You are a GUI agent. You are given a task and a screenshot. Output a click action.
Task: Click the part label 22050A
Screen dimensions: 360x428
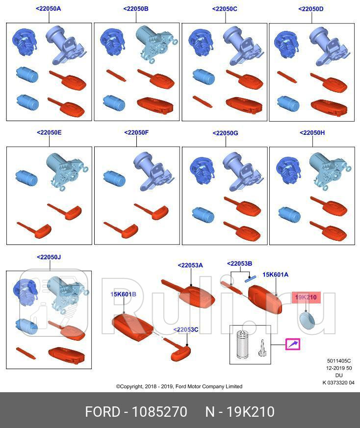click(49, 8)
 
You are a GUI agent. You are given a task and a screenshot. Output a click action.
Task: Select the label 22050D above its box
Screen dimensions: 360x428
click(311, 9)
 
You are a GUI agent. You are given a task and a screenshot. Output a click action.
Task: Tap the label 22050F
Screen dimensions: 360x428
click(136, 132)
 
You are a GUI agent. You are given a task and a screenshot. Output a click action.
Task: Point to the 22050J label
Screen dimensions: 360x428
click(49, 257)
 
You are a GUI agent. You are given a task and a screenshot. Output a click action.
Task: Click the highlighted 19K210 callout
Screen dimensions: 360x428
click(306, 297)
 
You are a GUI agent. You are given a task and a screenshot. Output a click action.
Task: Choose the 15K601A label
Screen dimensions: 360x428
click(275, 275)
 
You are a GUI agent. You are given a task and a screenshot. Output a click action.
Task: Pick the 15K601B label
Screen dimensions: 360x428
click(124, 294)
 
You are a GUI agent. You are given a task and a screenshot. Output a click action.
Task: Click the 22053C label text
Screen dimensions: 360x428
click(186, 330)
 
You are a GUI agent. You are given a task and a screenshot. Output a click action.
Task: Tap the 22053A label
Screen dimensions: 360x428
click(190, 265)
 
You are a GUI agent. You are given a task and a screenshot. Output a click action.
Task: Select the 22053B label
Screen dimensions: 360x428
click(239, 264)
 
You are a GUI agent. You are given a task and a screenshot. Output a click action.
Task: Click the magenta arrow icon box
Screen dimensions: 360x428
click(292, 344)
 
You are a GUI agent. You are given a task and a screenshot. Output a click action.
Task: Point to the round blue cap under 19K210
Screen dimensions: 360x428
click(307, 320)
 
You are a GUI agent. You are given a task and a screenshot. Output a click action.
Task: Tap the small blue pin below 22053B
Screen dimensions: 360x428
click(250, 279)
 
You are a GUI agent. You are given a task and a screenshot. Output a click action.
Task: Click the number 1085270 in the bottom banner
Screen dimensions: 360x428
click(159, 412)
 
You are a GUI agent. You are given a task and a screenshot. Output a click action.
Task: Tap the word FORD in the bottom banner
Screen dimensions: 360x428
click(103, 412)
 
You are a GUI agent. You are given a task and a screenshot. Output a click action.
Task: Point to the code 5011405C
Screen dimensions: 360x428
click(339, 361)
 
